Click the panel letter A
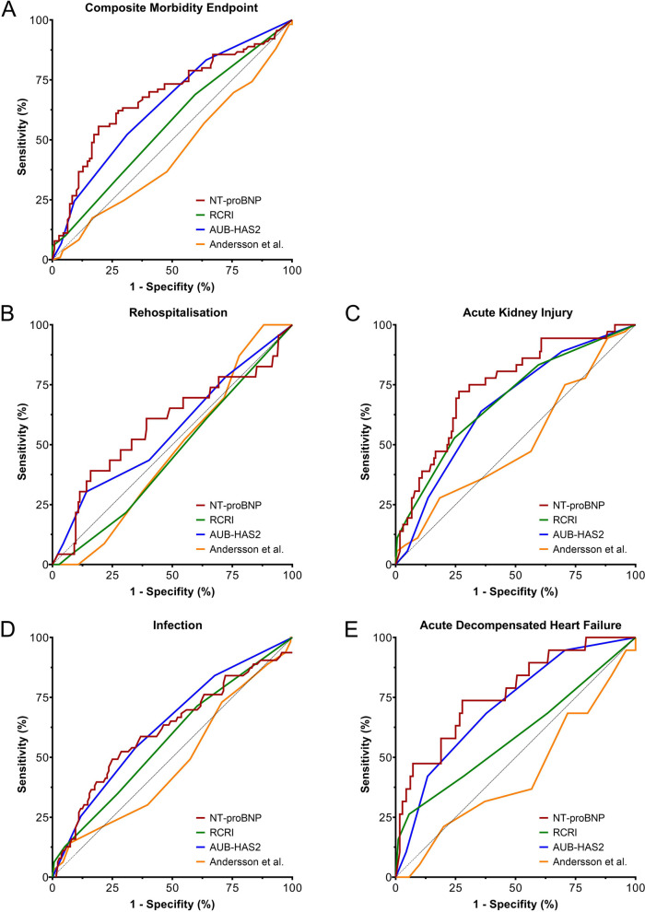[8, 10]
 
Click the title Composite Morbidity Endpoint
[171, 8]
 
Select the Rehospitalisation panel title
[178, 312]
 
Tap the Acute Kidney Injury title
[518, 312]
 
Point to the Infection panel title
[178, 626]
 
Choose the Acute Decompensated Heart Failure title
[521, 626]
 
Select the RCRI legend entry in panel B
[215, 520]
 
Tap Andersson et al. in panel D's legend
[239, 862]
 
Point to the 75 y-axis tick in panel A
[41, 79]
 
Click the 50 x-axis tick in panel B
[172, 575]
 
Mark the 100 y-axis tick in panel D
[39, 637]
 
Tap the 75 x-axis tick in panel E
[575, 888]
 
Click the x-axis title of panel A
[172, 286]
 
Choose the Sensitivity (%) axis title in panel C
[365, 441]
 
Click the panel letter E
[351, 630]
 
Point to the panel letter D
[8, 630]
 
